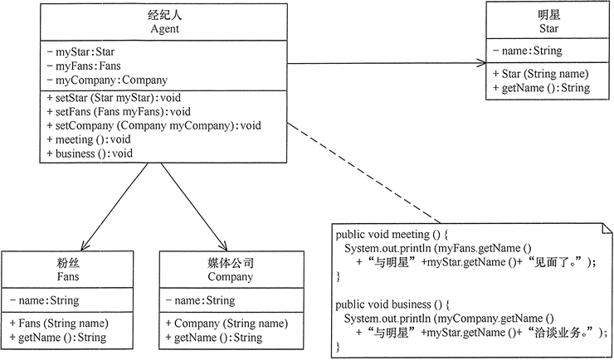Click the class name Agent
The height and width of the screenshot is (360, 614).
164,29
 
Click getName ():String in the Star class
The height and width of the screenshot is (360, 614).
540,88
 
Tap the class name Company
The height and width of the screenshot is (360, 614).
230,277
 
